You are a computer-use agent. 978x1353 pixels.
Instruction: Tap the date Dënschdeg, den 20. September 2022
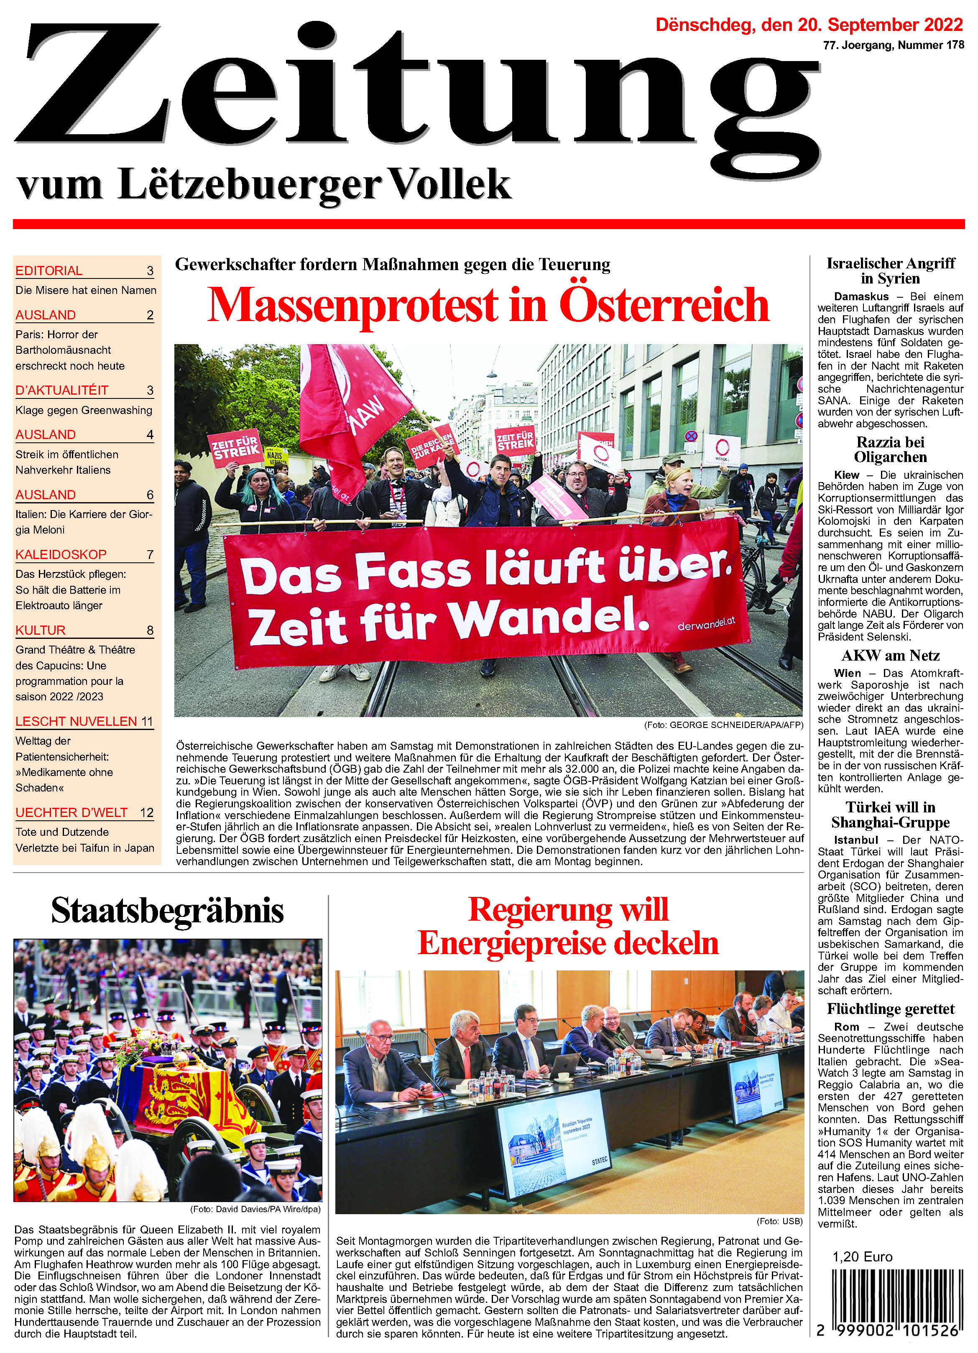click(809, 25)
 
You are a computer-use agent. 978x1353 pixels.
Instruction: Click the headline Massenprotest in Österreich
click(488, 305)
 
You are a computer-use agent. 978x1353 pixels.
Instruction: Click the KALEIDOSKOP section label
click(61, 554)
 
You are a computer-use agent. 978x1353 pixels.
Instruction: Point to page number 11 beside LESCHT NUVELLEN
click(147, 721)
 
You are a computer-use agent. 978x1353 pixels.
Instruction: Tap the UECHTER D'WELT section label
click(71, 812)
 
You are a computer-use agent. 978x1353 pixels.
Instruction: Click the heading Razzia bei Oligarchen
click(890, 450)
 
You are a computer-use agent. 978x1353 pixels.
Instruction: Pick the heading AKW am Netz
click(890, 656)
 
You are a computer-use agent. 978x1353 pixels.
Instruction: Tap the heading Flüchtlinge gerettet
click(890, 1009)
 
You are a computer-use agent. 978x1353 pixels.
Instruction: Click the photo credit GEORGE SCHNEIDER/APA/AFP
click(723, 725)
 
